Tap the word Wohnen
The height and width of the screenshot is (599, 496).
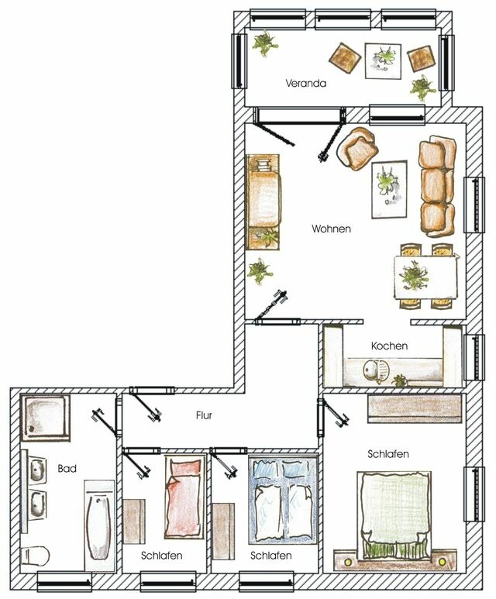point(332,229)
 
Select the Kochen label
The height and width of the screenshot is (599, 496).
point(389,346)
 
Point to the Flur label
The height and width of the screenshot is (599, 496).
point(204,416)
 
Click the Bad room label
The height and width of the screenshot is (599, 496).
point(67,469)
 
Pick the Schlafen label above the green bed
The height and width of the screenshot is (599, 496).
point(389,454)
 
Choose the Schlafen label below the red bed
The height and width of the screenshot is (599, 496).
point(162,556)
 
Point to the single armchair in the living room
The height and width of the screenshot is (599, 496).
point(359,149)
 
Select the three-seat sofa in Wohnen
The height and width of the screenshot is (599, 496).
point(438,186)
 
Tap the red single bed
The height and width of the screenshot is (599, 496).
point(182,494)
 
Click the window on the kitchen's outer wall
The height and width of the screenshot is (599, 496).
point(472,356)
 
